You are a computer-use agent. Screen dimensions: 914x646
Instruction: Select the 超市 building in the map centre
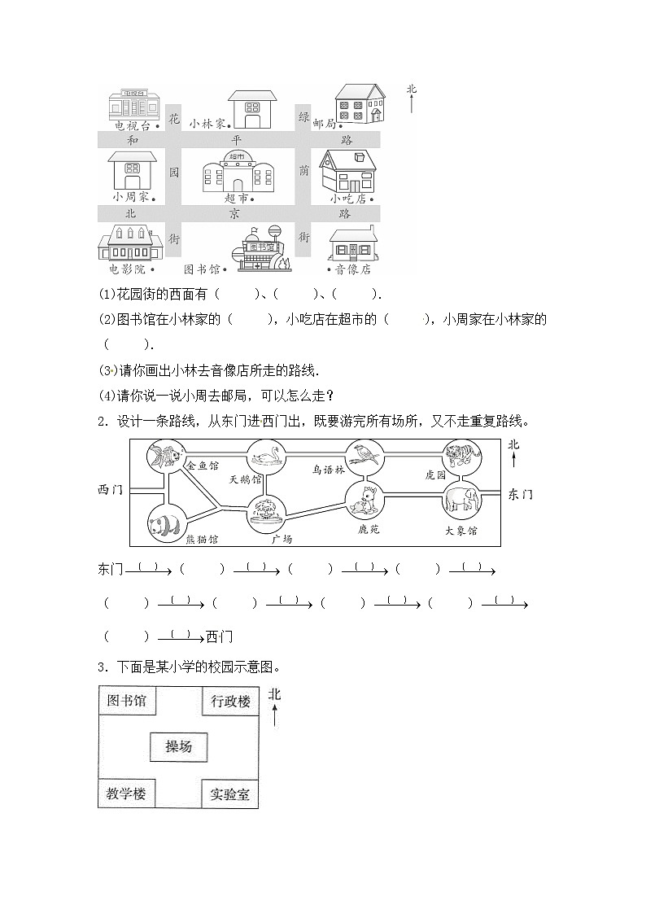pos(238,172)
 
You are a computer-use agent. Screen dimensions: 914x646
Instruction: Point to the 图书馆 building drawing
pos(260,251)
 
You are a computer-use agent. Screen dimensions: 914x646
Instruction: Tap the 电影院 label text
pos(127,269)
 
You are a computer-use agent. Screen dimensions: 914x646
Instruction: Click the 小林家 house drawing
pos(247,109)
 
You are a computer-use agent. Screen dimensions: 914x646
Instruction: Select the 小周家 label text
pos(130,197)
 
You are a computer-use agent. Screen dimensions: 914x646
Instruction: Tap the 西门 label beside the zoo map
pos(110,490)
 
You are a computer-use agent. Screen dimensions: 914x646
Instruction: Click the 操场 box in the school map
pos(178,746)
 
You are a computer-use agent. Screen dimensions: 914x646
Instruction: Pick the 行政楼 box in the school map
pos(230,701)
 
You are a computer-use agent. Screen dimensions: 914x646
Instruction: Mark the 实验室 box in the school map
pos(229,794)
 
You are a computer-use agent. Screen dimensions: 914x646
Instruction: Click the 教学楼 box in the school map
pos(127,794)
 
